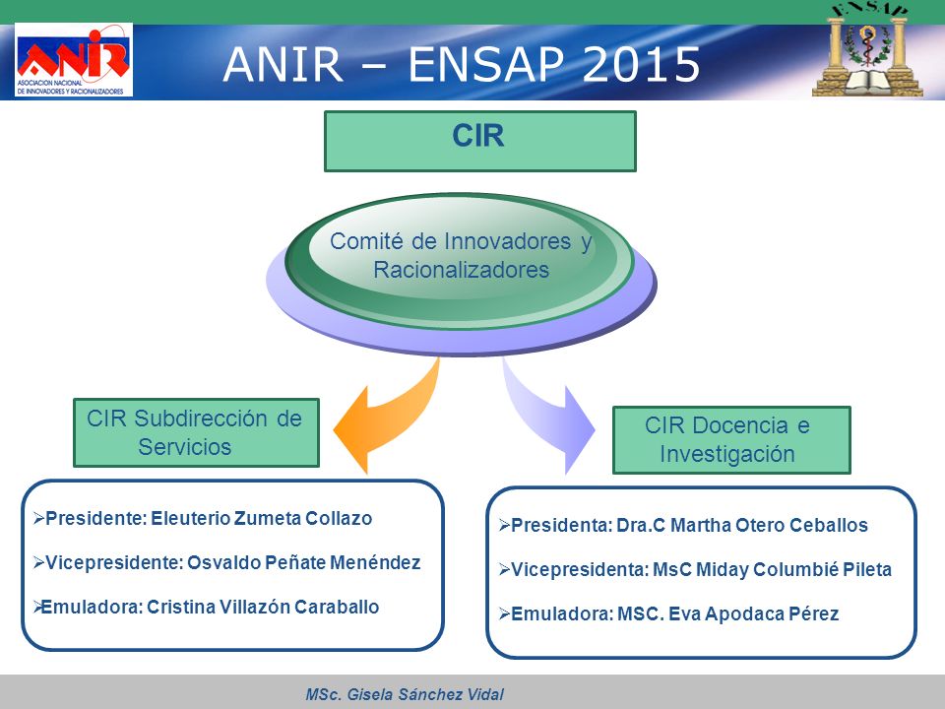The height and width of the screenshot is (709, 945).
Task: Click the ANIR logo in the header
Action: coord(74,60)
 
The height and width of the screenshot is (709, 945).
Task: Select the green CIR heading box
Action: coord(480,141)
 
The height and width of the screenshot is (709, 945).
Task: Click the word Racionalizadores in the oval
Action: coord(461,270)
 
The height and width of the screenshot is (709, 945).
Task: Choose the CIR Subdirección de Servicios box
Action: coord(196,432)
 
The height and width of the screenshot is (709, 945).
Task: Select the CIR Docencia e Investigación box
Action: coord(731,439)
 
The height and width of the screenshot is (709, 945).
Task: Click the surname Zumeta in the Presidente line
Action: coord(267,518)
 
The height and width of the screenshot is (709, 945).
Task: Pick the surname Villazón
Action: coord(254,607)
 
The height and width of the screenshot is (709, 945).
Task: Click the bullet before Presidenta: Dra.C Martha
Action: coord(504,525)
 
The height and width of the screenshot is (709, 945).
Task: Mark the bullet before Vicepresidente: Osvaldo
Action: coord(38,562)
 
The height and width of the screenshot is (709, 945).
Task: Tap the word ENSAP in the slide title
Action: coord(486,64)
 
